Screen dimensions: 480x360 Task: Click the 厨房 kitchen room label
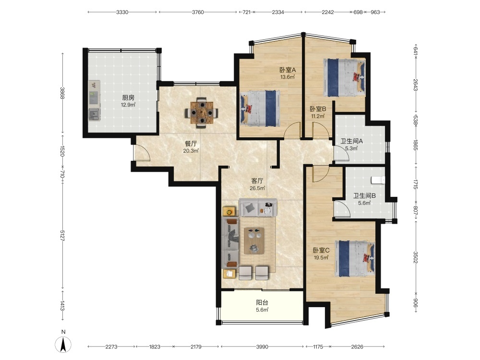pos(128,97)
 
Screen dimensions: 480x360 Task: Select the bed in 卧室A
pos(260,108)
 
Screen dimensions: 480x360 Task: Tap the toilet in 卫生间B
pos(378,180)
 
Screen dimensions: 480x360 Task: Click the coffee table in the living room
pos(254,240)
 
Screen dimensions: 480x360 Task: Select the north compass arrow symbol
pos(63,345)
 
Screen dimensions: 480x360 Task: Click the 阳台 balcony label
pos(262,302)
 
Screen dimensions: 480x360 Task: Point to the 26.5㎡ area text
pos(257,188)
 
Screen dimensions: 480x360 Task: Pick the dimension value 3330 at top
pos(122,12)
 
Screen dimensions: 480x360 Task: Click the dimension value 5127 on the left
pos(62,235)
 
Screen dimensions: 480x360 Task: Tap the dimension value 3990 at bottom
pos(262,347)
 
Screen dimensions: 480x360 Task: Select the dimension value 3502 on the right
pos(415,257)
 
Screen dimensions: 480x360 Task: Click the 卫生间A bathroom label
pos(352,141)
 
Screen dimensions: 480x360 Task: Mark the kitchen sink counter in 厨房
pos(94,101)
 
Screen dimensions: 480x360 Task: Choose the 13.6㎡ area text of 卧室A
pos(288,77)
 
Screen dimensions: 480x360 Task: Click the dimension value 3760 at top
pos(198,12)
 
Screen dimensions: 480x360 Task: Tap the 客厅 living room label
pos(257,181)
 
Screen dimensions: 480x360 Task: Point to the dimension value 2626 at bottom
pos(357,347)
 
